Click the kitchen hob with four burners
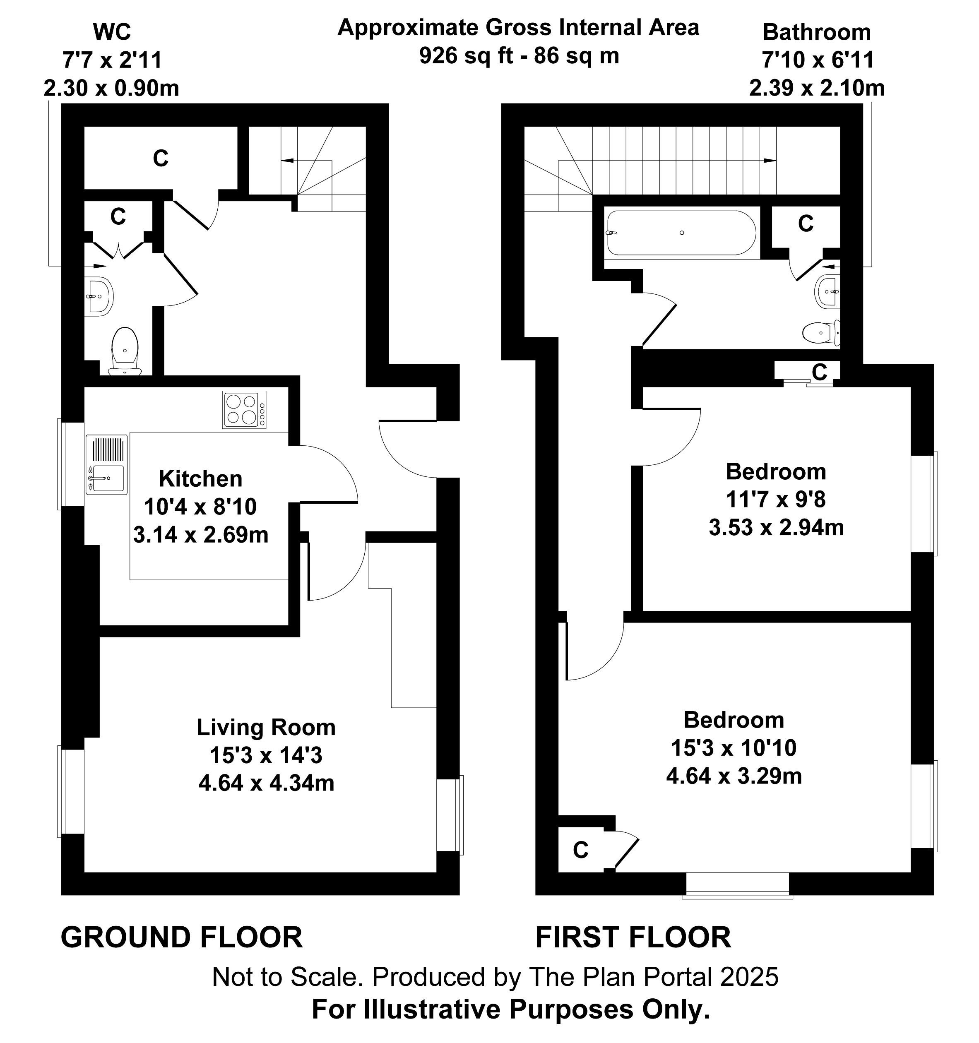244,410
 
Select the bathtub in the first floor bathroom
681,233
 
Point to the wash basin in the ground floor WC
98,296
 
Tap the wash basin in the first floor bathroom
828,291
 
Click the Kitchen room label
200,479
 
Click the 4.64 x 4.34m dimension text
266,783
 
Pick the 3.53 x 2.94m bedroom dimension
776,527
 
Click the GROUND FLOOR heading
182,937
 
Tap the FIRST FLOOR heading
633,937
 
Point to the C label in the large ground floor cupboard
161,158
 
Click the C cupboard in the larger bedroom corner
580,850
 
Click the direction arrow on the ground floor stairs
288,161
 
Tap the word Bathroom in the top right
816,33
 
